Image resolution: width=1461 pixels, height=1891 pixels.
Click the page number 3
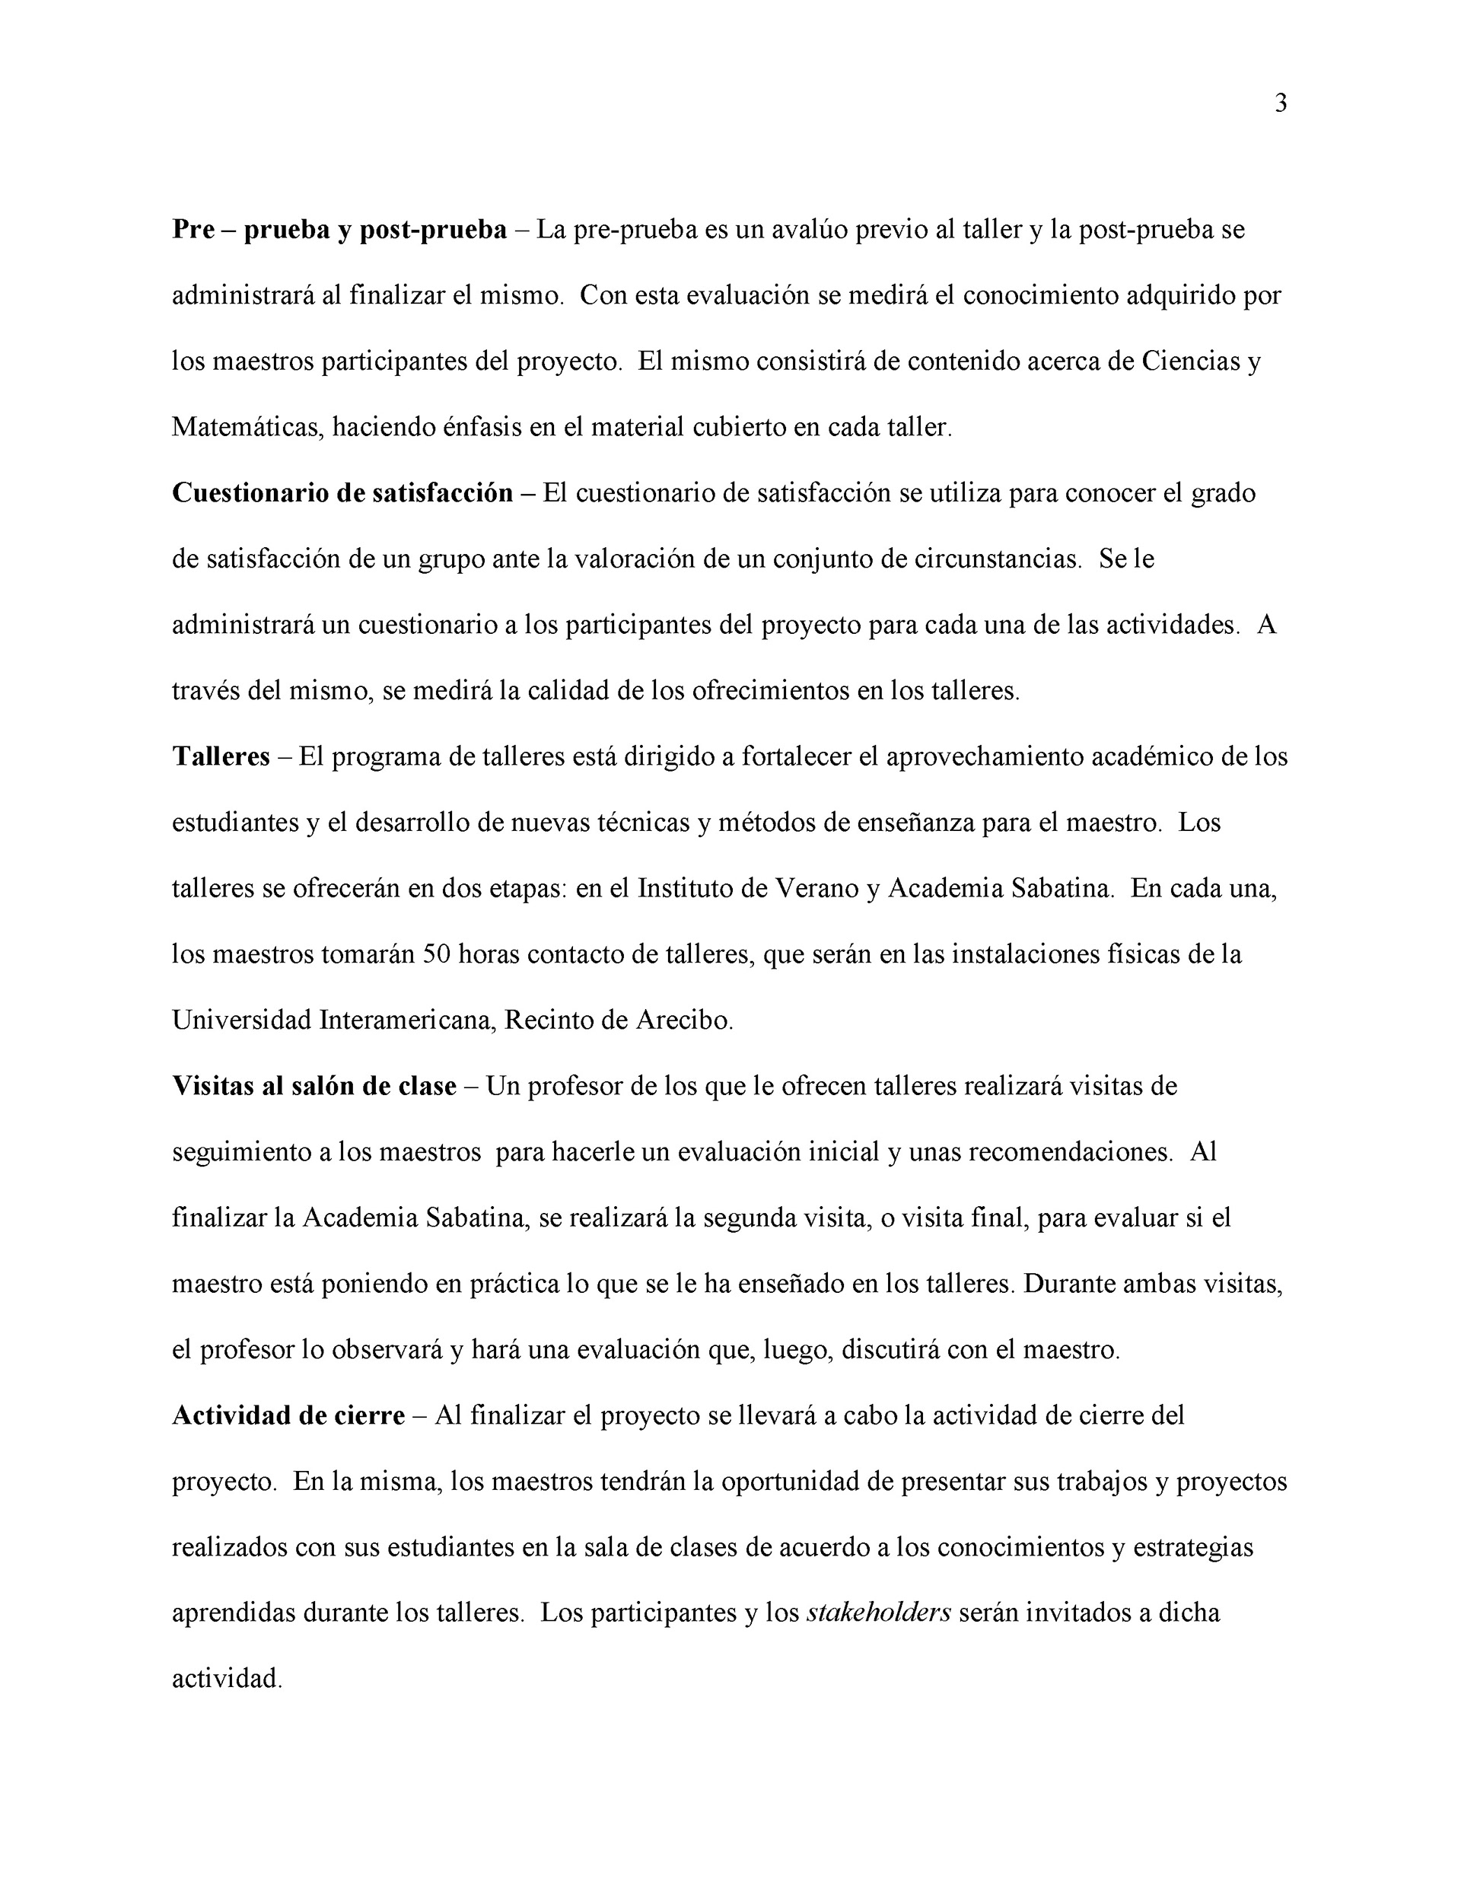coord(1281,104)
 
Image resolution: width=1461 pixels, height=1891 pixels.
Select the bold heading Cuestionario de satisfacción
coord(342,494)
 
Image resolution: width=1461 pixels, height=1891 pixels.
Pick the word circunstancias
coord(998,559)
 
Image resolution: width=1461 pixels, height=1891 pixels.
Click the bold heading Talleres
coord(221,756)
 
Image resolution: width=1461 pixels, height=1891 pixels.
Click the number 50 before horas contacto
coord(437,955)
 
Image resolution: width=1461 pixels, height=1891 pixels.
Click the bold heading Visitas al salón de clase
coord(314,1087)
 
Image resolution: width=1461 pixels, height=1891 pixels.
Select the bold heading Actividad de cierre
coord(288,1415)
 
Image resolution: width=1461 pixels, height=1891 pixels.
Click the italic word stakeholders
coord(878,1614)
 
